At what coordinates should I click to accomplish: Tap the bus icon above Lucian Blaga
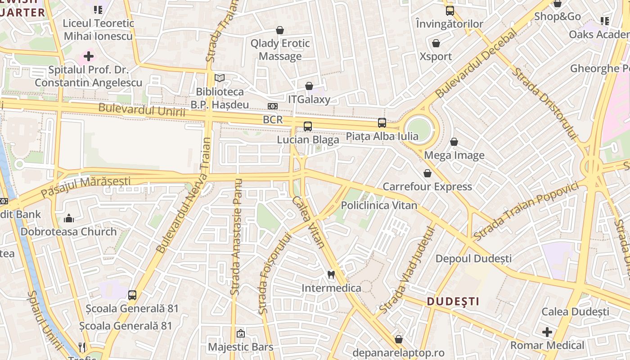tap(308, 126)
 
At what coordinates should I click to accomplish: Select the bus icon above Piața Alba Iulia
tap(382, 122)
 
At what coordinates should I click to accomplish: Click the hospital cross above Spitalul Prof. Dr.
tap(89, 57)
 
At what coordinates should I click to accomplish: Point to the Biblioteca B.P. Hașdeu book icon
tap(220, 78)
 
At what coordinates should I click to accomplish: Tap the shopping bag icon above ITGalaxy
tap(309, 86)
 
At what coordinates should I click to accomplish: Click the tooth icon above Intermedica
tap(331, 274)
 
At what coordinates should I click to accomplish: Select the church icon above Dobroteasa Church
tap(69, 218)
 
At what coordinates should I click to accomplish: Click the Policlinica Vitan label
tap(379, 205)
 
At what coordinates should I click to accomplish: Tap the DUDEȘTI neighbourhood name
tap(453, 301)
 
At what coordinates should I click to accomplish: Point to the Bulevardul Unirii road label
tap(142, 110)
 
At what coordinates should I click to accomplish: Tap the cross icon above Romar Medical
tap(547, 333)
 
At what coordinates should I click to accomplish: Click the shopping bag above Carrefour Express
tap(427, 173)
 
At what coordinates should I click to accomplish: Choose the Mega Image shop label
tap(454, 156)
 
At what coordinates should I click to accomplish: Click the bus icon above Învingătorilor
tap(450, 11)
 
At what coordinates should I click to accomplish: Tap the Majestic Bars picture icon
tap(241, 333)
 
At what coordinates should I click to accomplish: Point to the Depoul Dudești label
tap(473, 259)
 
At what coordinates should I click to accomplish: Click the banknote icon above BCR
tap(273, 106)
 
